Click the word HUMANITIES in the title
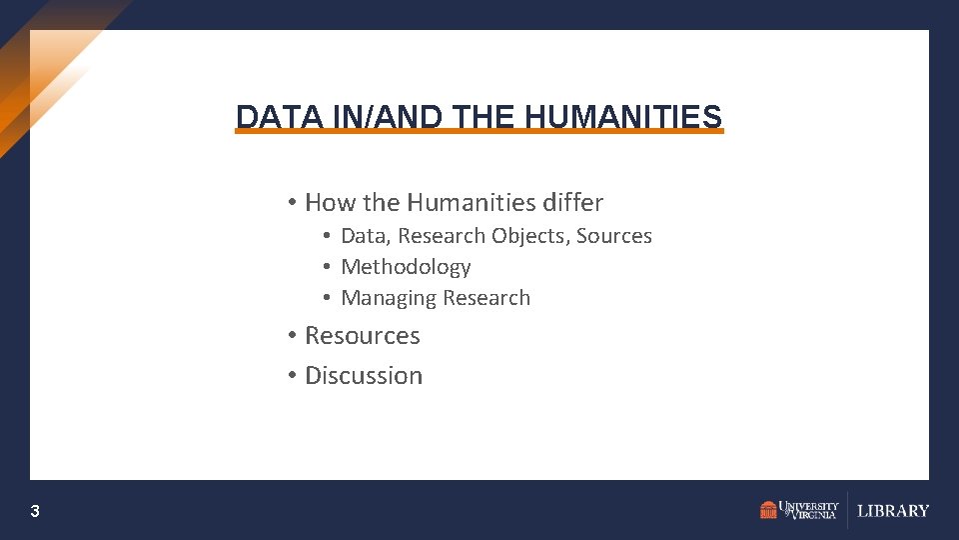622,117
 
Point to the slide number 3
35,512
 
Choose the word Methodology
406,267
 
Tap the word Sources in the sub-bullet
614,236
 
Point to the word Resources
363,336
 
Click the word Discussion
364,376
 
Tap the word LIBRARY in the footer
893,511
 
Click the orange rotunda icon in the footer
768,510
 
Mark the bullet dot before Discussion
291,376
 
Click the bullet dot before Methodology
327,267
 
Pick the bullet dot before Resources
291,336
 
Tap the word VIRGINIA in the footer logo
812,515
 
